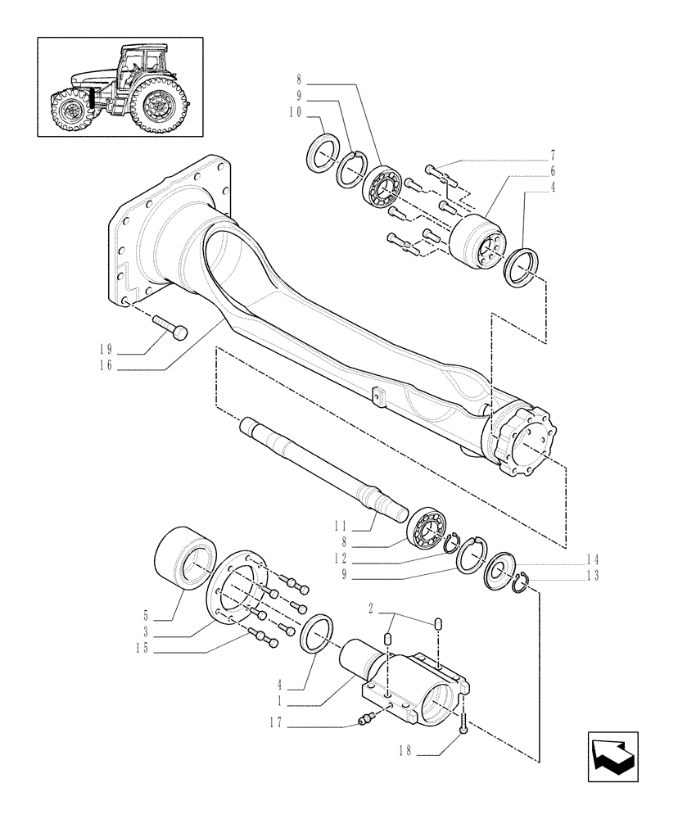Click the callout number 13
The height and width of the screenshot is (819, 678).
click(x=592, y=576)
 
